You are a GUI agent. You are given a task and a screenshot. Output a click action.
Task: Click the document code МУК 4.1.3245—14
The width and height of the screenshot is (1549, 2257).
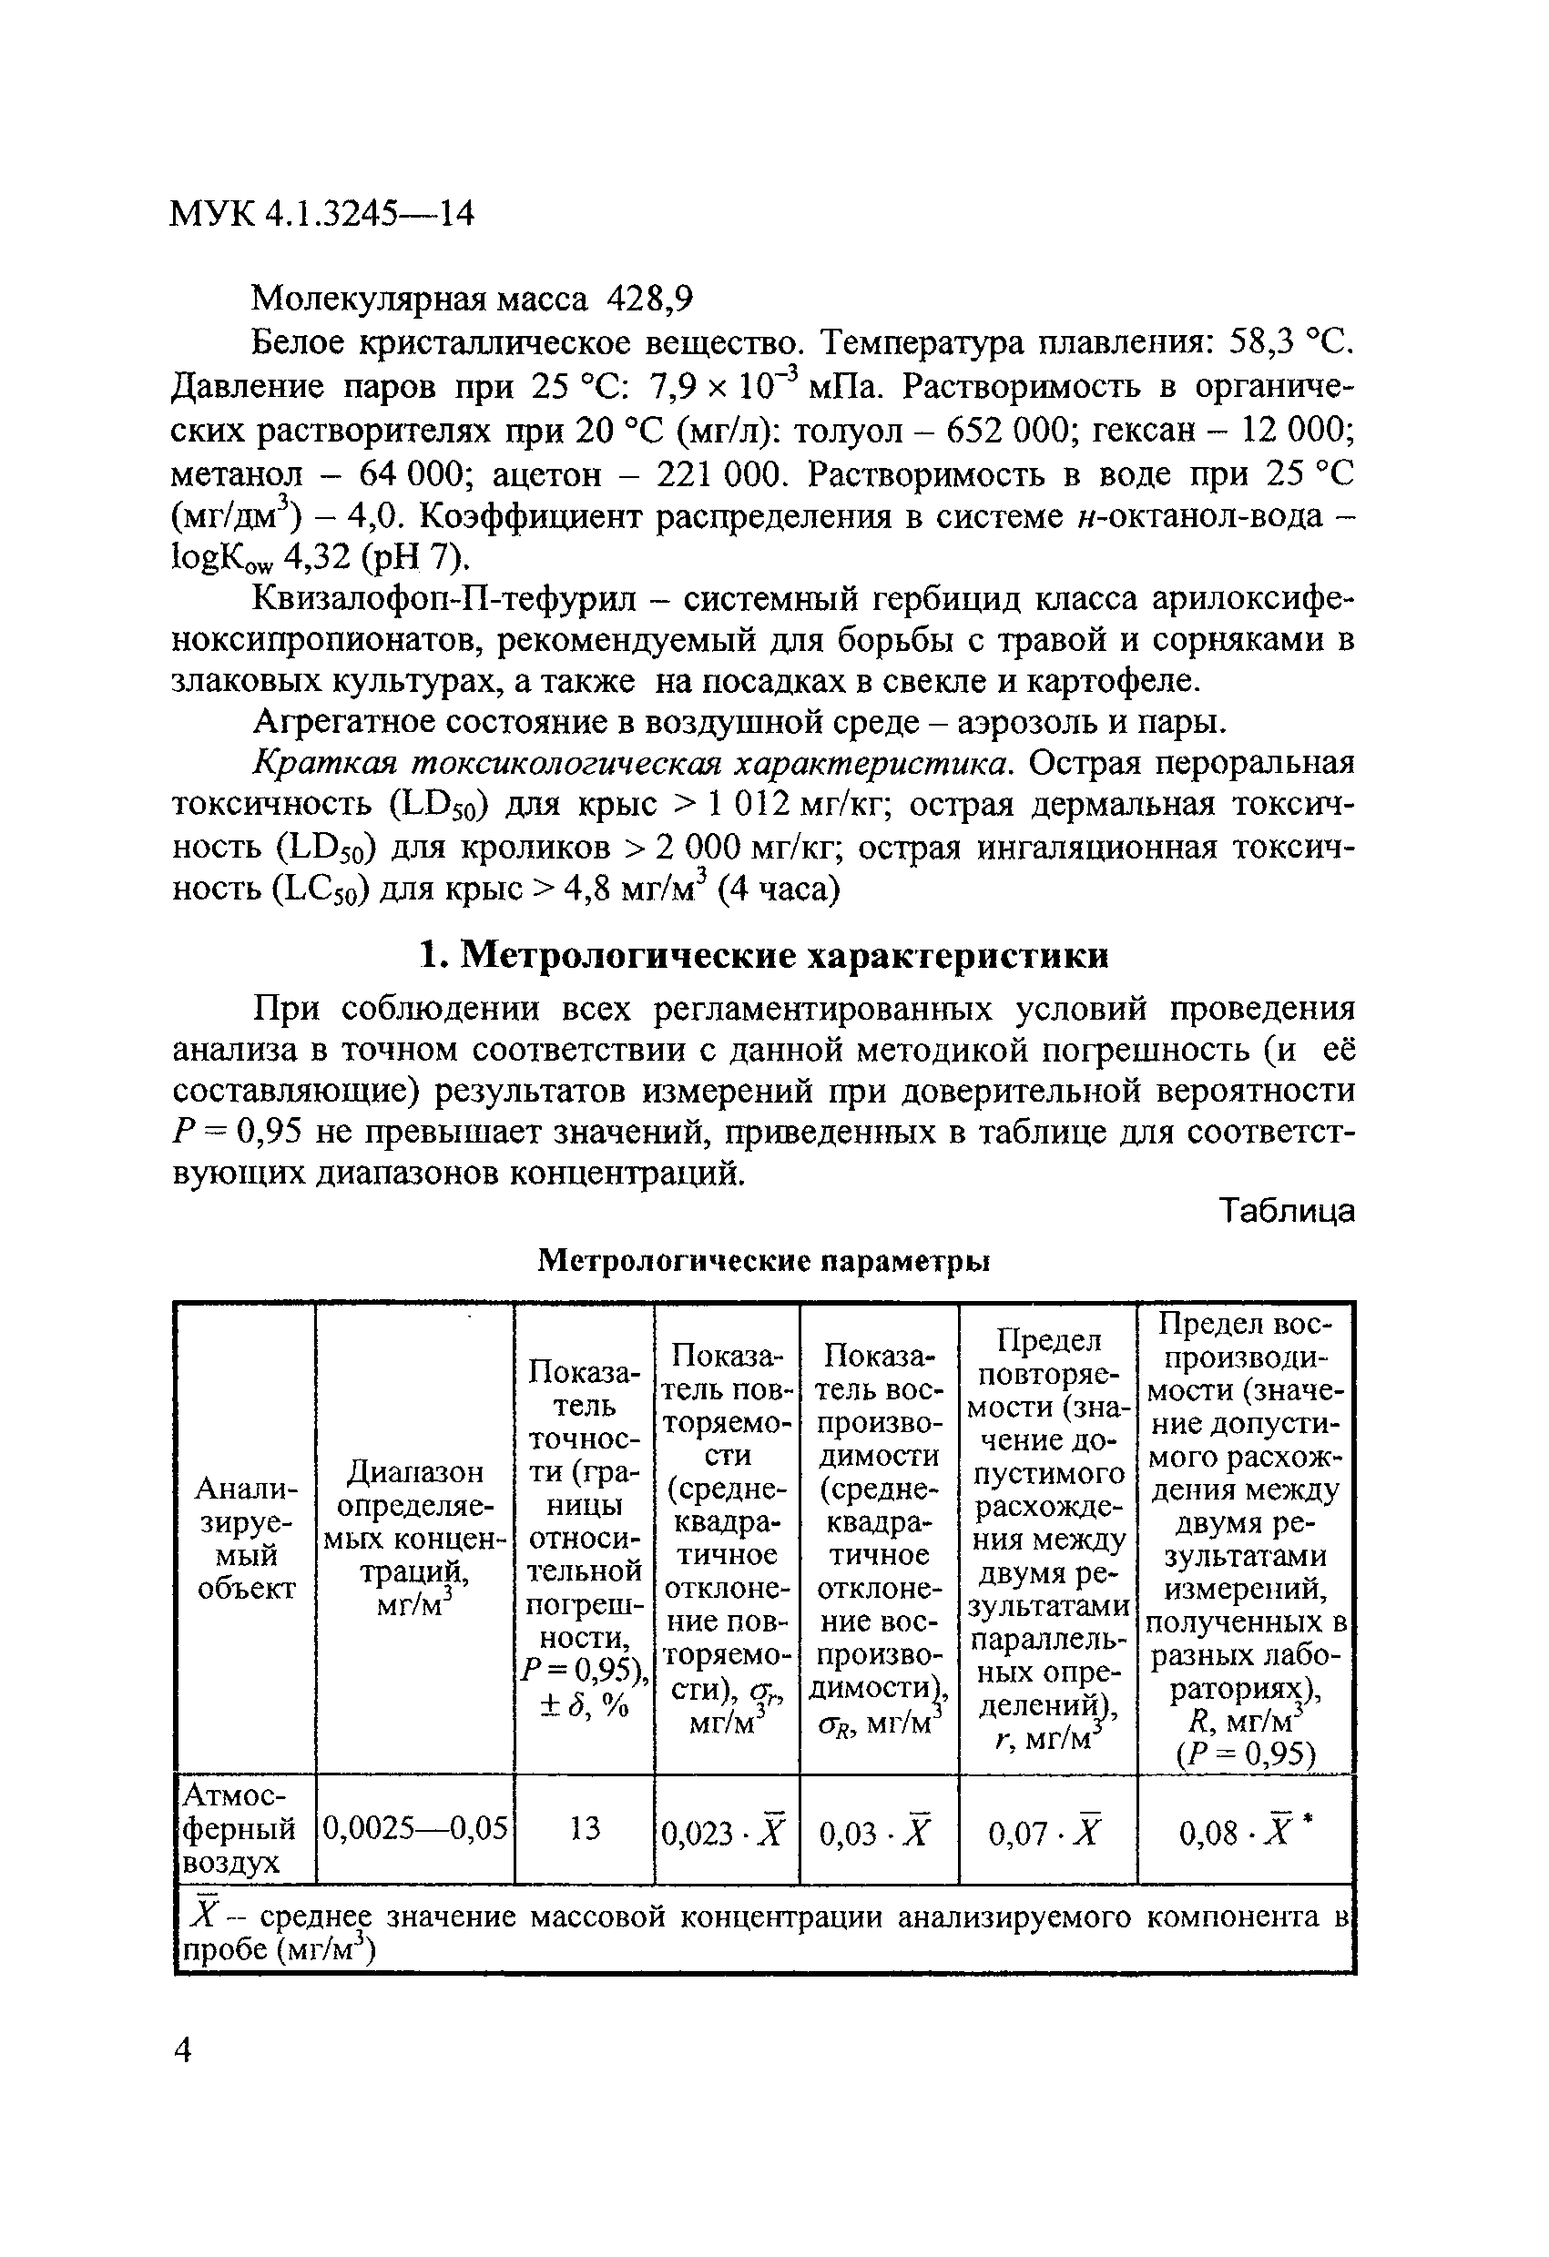click(321, 213)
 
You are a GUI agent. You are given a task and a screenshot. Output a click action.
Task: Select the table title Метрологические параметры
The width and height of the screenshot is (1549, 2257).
click(763, 1261)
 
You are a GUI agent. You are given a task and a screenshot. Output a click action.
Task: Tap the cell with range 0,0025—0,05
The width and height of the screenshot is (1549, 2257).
click(414, 1829)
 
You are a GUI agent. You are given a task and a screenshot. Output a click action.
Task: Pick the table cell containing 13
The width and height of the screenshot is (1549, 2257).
click(585, 1829)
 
